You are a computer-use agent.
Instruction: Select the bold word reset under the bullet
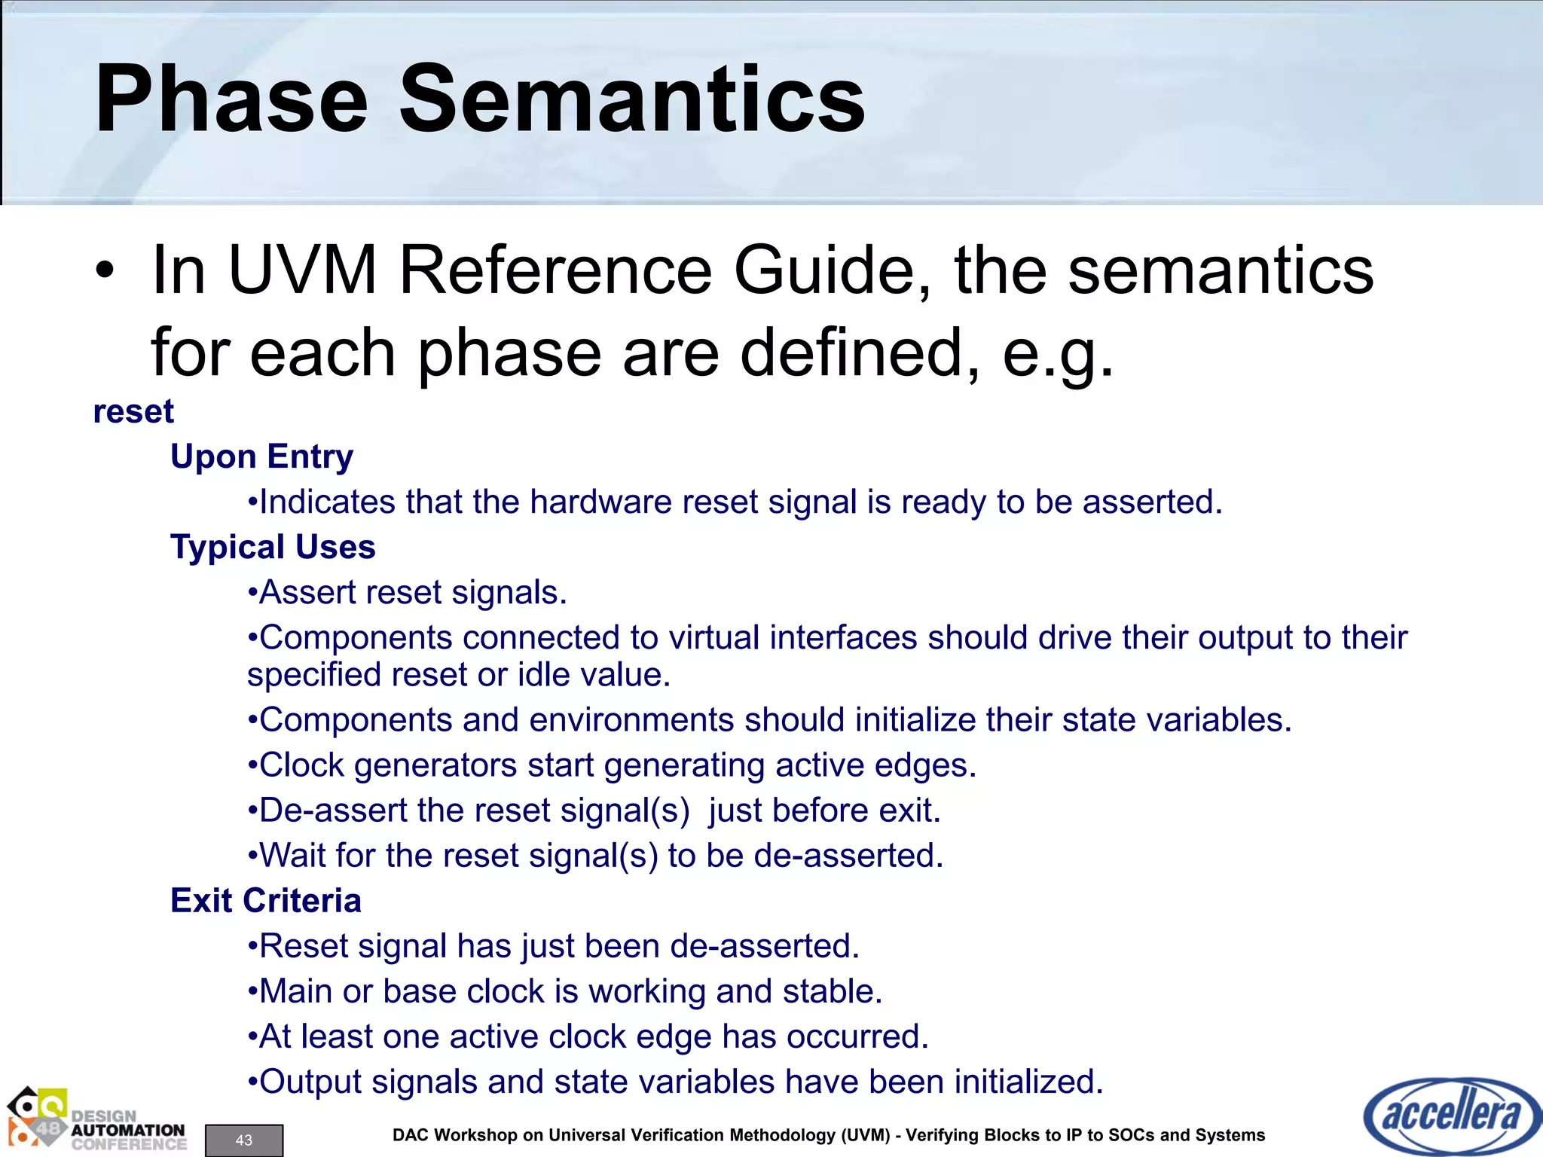pos(133,412)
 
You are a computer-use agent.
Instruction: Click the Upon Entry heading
pos(261,456)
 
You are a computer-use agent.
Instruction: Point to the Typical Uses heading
pos(273,547)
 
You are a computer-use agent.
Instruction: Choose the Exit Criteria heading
pos(266,901)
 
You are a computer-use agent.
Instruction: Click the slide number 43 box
pos(244,1140)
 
